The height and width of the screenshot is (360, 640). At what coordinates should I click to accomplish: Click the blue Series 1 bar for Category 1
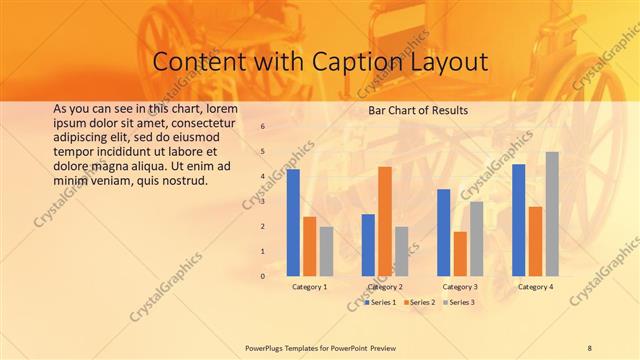click(293, 223)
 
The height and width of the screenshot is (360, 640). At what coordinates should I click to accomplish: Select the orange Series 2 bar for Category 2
click(385, 221)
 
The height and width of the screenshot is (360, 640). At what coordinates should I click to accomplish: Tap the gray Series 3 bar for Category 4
click(552, 214)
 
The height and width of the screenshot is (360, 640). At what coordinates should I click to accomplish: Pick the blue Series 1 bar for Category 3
click(443, 232)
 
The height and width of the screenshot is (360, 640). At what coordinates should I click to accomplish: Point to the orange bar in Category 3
click(460, 254)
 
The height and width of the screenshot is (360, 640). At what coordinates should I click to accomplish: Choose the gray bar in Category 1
click(326, 251)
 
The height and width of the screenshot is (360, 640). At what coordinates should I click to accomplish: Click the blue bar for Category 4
click(518, 220)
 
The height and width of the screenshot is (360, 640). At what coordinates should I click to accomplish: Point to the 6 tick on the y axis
click(262, 127)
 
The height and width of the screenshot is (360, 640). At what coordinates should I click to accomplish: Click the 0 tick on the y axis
click(262, 276)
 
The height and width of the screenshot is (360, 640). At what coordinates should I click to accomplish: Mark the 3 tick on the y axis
click(262, 202)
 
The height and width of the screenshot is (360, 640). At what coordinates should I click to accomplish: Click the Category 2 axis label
click(385, 287)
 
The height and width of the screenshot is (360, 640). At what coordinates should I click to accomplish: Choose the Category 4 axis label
click(535, 287)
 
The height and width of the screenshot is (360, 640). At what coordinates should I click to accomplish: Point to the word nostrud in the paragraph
click(183, 181)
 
